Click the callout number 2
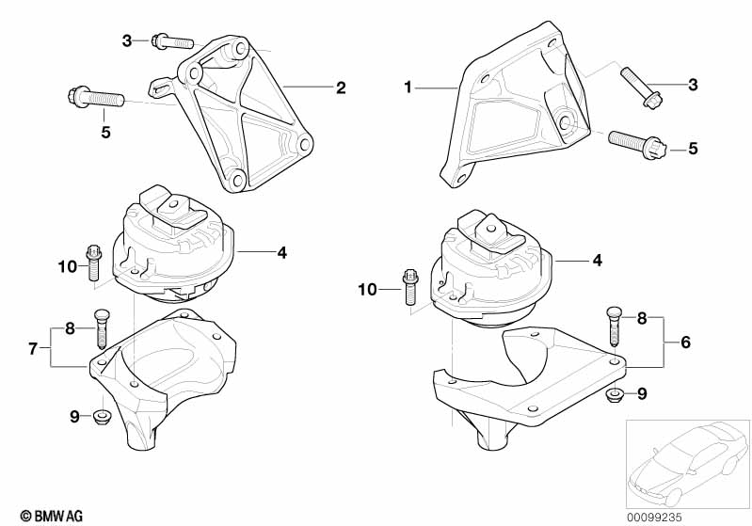click(x=341, y=88)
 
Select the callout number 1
click(x=408, y=88)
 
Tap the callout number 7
click(x=33, y=348)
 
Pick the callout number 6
click(x=685, y=343)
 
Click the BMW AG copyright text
click(x=52, y=516)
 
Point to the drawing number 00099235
click(x=654, y=518)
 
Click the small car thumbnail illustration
click(x=688, y=464)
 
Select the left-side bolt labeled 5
click(x=96, y=97)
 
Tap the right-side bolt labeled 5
click(x=637, y=142)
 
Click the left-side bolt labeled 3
click(x=172, y=41)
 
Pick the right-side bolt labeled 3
click(x=637, y=88)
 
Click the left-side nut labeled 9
click(x=102, y=415)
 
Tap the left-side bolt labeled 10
click(x=93, y=263)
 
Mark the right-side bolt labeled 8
click(x=614, y=326)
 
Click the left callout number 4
click(x=282, y=252)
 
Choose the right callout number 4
click(x=597, y=261)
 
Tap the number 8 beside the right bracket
click(x=642, y=318)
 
